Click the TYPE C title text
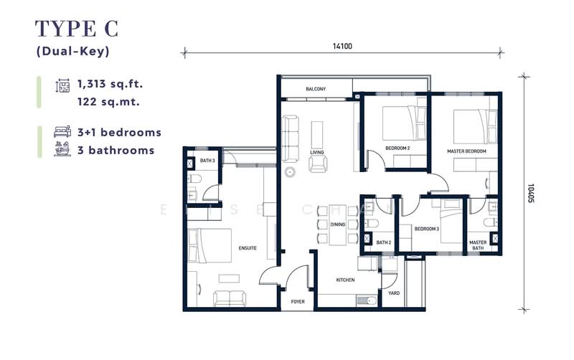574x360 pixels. click(x=77, y=29)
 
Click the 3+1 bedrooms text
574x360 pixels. click(x=118, y=133)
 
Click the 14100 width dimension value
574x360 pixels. click(x=342, y=45)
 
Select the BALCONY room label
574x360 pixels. click(x=316, y=89)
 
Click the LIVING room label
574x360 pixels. click(x=317, y=153)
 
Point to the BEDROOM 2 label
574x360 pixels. click(x=397, y=148)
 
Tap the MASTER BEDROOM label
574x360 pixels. click(x=466, y=151)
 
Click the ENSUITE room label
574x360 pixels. click(x=248, y=248)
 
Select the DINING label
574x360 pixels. click(x=338, y=224)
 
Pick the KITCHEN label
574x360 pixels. click(x=346, y=280)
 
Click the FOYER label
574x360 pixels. click(x=297, y=302)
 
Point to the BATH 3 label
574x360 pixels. click(x=207, y=161)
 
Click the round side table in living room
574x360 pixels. click(x=291, y=172)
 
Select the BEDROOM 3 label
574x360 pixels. click(x=428, y=228)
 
